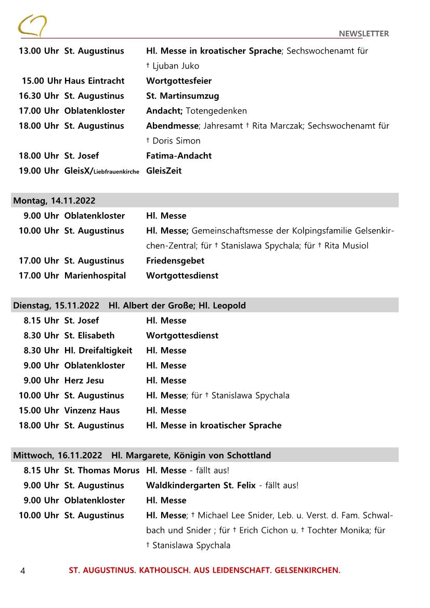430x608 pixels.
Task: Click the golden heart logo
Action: [x=32, y=25]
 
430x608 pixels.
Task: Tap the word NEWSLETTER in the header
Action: [x=363, y=34]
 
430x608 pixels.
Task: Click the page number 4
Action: [x=22, y=571]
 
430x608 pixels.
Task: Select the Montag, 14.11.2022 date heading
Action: [x=54, y=201]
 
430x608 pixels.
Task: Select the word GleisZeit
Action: [x=164, y=170]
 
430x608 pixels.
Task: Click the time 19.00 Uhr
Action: [x=38, y=170]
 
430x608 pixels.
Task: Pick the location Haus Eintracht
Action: [x=94, y=81]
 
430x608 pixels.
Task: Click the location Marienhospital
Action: [x=95, y=275]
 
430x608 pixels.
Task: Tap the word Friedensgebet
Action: [x=175, y=260]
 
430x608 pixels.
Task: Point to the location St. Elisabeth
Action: [x=89, y=335]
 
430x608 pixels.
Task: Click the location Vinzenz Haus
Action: [x=92, y=410]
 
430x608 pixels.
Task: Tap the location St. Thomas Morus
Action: [x=102, y=470]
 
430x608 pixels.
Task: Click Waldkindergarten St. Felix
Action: [x=201, y=485]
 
